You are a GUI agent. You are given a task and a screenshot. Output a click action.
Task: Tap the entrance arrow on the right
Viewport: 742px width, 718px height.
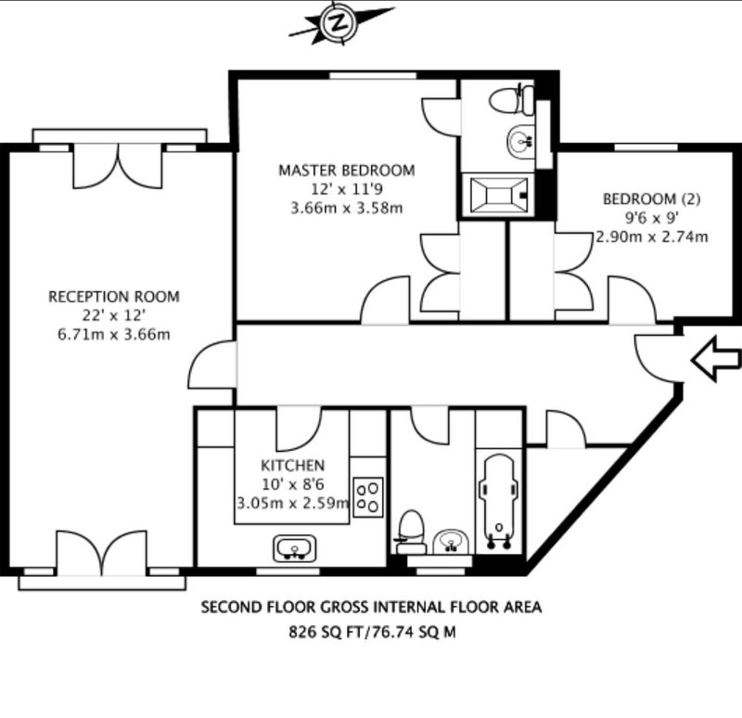point(716,359)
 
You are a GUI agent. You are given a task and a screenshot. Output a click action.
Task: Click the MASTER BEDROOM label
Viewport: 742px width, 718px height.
point(346,171)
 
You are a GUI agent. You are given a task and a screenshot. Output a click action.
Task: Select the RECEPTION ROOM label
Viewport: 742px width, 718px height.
point(114,297)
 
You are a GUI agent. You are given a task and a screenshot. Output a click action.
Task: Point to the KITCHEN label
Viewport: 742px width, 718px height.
point(293,466)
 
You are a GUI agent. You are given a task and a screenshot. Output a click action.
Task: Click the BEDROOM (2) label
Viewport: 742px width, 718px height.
point(651,199)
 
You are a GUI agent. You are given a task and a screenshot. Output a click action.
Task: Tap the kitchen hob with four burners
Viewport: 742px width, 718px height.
point(367,497)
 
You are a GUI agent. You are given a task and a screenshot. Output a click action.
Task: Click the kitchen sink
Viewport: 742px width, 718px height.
point(295,548)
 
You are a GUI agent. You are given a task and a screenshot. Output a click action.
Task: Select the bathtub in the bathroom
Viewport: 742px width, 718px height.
point(498,503)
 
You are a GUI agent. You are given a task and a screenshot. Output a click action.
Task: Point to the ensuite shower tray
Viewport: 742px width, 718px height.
point(499,195)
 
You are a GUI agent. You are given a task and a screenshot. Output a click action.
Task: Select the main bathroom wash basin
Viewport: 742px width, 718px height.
point(451,542)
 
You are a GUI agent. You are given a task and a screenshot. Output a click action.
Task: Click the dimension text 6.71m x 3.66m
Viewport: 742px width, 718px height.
point(114,335)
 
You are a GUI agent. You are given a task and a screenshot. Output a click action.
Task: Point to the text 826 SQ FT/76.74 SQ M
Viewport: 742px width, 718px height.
point(372,632)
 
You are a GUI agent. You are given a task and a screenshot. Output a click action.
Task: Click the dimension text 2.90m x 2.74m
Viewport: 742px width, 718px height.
point(652,237)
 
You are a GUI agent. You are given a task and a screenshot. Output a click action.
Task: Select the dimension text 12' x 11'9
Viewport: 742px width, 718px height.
point(347,189)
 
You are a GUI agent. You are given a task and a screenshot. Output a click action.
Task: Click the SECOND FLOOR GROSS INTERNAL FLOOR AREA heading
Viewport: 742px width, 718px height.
point(372,608)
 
